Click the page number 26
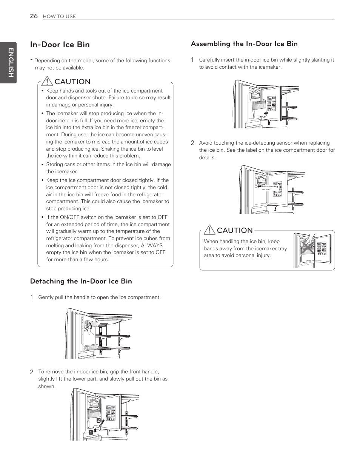[x=34, y=16]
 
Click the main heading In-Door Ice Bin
[x=60, y=45]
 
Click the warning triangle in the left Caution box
[x=47, y=81]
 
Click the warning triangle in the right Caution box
[x=209, y=230]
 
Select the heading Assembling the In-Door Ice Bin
[x=244, y=44]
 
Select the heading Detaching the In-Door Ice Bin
[x=81, y=281]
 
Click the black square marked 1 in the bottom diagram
[x=91, y=432]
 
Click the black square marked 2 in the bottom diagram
[x=98, y=420]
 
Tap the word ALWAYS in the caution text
[x=152, y=245]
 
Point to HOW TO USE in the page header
[x=59, y=16]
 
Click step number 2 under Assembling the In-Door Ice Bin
[x=192, y=143]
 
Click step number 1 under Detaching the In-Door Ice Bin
[x=32, y=297]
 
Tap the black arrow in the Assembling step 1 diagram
[x=267, y=113]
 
